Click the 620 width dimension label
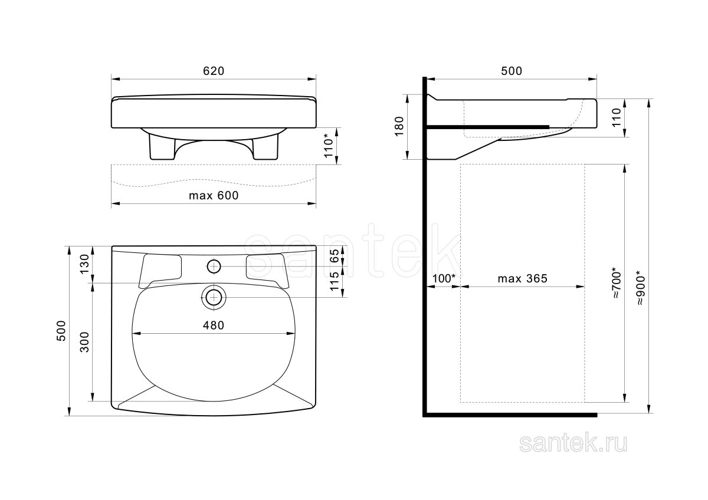[214, 71]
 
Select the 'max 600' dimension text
[214, 196]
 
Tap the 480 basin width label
[214, 325]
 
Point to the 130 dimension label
[85, 264]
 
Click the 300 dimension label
[85, 342]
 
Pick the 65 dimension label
[334, 255]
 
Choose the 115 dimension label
[334, 281]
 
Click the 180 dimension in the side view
[399, 126]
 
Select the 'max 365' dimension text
[523, 278]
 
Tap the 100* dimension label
[444, 278]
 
